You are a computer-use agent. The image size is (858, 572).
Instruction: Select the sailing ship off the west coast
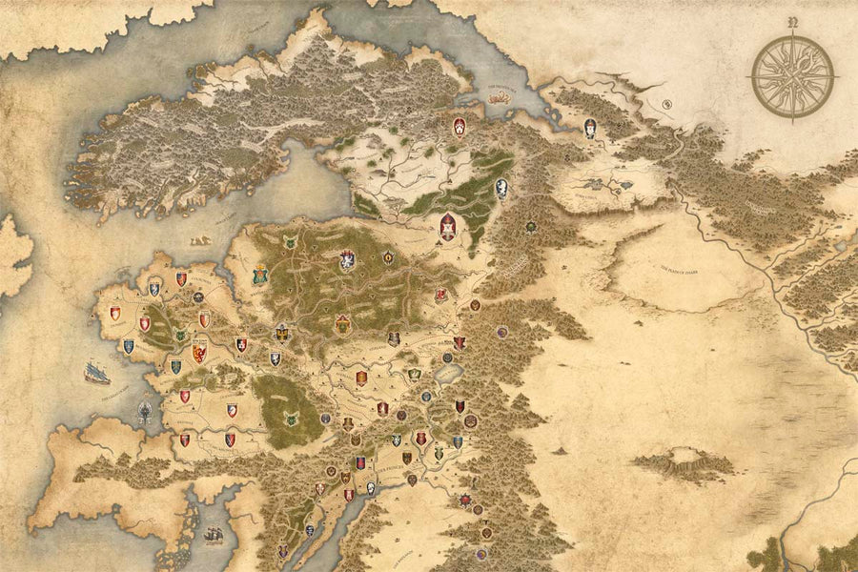[95, 372]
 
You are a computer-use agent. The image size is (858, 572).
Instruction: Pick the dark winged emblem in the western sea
[145, 412]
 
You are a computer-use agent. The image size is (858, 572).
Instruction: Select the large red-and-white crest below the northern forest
[446, 227]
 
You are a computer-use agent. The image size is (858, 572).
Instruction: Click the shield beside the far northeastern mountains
[590, 127]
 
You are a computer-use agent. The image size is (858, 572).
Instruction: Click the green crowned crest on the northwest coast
[260, 276]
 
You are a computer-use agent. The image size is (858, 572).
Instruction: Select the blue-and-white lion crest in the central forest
[348, 259]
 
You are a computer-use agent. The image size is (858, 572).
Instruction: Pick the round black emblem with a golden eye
[530, 226]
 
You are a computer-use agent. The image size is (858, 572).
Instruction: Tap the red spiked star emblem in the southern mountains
[465, 500]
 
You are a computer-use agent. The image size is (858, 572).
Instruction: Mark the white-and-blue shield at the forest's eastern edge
[500, 188]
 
